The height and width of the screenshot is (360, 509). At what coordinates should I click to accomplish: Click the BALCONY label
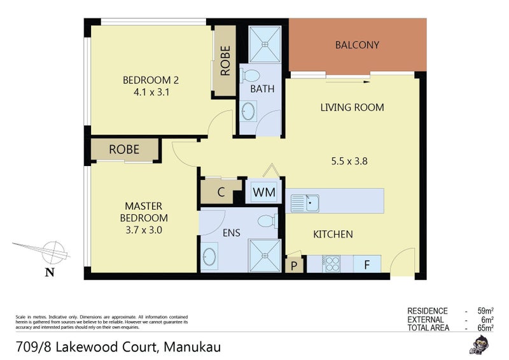point(357,45)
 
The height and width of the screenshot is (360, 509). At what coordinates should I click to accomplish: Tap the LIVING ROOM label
point(352,107)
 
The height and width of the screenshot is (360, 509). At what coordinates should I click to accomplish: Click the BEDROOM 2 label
point(151,80)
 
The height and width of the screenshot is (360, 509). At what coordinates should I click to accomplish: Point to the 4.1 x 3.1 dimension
point(151,92)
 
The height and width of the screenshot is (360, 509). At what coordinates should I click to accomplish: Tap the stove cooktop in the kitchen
point(331,263)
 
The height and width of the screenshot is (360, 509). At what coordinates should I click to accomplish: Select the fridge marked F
point(366,264)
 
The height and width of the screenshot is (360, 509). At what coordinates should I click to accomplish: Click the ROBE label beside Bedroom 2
point(225,61)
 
